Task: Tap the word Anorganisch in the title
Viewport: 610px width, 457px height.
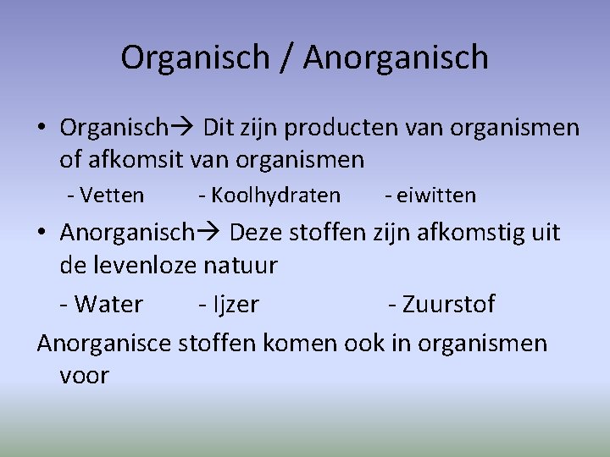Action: click(x=396, y=58)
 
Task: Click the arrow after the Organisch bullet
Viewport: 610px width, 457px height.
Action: click(x=183, y=128)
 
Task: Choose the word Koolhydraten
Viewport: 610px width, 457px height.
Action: click(x=275, y=196)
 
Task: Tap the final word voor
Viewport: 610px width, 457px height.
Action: click(x=85, y=375)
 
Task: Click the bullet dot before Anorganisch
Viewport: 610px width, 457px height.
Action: click(x=42, y=232)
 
